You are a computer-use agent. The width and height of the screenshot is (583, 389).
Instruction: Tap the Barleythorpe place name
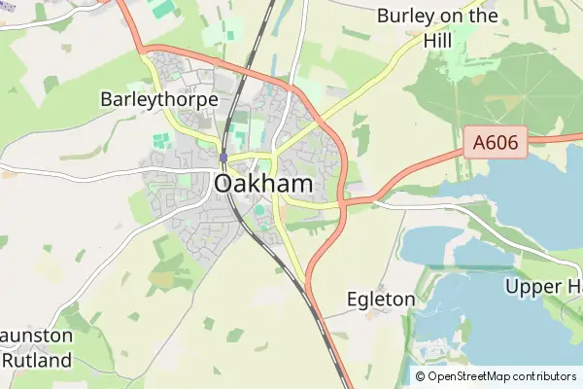[158, 99]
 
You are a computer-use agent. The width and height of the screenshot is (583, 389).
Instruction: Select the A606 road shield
[496, 144]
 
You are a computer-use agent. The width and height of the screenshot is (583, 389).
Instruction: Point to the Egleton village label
[381, 300]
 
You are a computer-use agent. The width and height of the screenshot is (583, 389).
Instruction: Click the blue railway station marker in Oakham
[223, 157]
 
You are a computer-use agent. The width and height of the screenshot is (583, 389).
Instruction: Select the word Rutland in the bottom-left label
[37, 360]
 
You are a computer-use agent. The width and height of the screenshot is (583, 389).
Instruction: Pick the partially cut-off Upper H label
[542, 287]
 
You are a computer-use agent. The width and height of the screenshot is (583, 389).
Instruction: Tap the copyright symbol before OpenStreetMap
[421, 376]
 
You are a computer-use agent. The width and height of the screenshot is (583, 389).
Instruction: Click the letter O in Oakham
[223, 184]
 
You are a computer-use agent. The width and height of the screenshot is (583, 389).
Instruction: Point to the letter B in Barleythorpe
[107, 99]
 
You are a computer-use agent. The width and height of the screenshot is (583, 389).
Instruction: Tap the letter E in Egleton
[353, 300]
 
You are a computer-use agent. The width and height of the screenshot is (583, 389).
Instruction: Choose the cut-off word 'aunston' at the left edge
[37, 336]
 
